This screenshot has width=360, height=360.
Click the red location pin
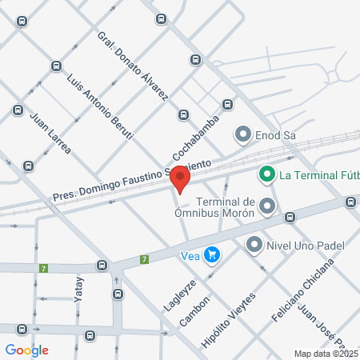pyautogui.click(x=182, y=178)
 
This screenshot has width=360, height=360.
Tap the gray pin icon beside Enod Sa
pyautogui.click(x=242, y=134)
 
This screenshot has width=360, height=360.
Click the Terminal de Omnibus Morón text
pyautogui.click(x=225, y=207)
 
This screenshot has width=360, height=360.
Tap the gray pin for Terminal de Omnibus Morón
pyautogui.click(x=267, y=206)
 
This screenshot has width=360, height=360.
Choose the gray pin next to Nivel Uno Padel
pyautogui.click(x=255, y=244)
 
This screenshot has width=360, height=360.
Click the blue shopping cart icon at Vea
pyautogui.click(x=212, y=255)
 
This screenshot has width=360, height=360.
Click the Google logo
pyautogui.click(x=27, y=350)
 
